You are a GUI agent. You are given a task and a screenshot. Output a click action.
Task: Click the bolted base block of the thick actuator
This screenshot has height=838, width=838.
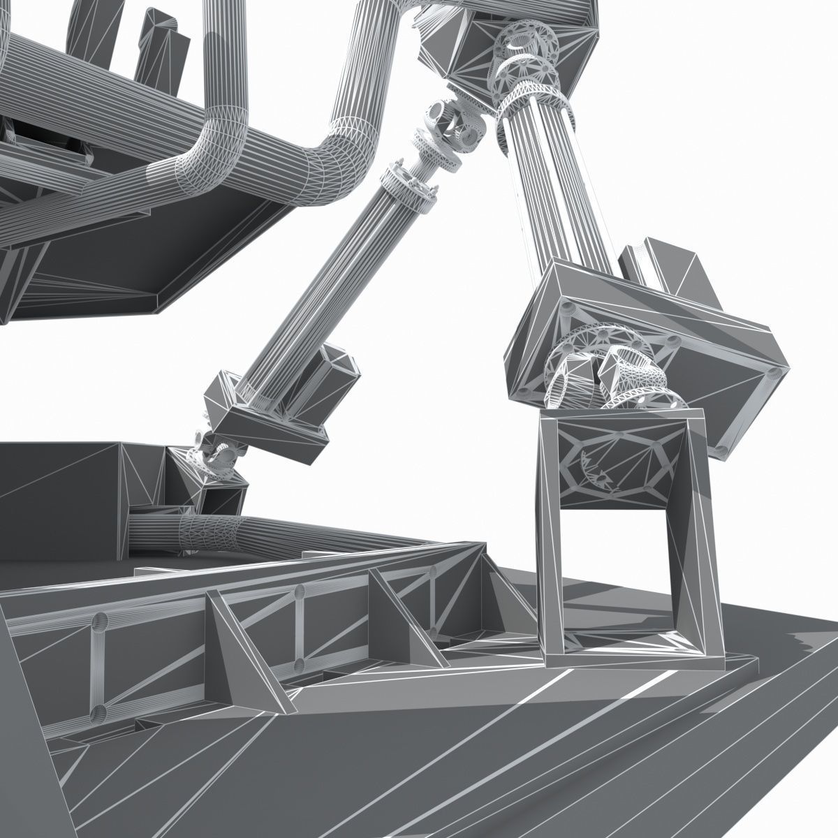tap(649, 335)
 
